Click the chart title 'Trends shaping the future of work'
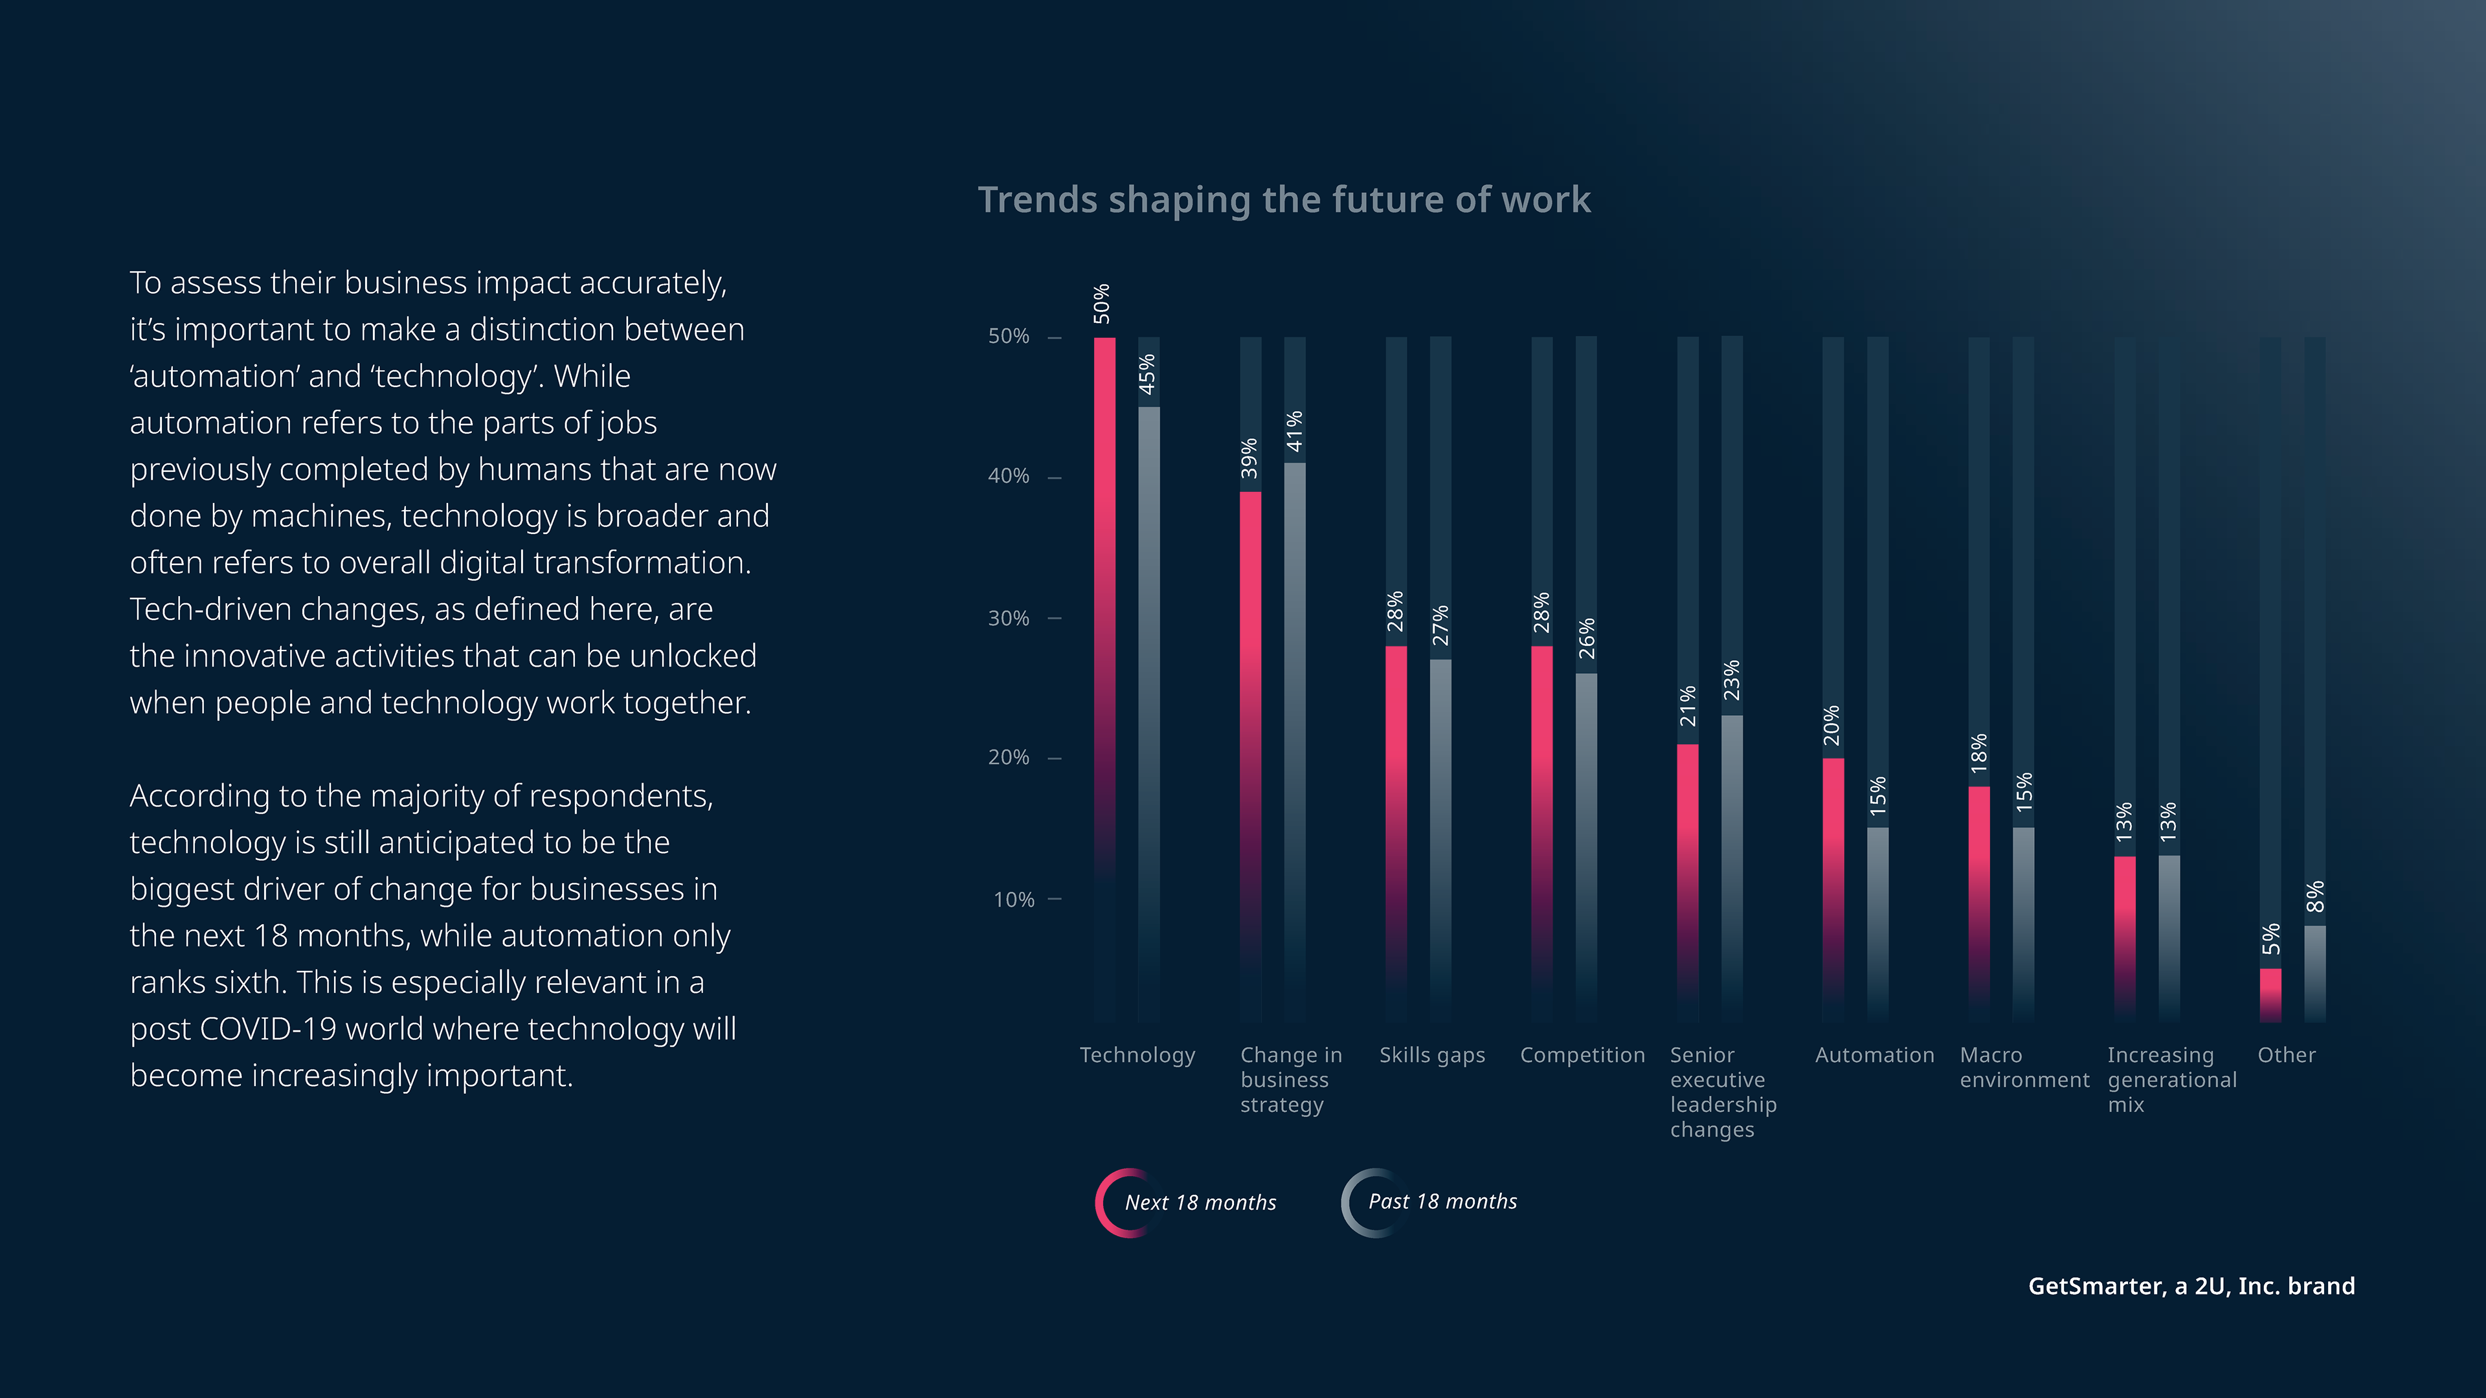(1284, 200)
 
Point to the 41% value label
(1294, 431)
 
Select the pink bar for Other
(2271, 993)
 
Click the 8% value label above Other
(2315, 896)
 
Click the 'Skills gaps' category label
(1432, 1056)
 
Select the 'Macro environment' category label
(2024, 1068)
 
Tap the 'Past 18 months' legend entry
(1442, 1202)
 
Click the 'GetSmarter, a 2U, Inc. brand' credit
(2191, 1286)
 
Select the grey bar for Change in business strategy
(1294, 733)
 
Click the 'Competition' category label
(1582, 1056)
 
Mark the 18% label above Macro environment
(1978, 753)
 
